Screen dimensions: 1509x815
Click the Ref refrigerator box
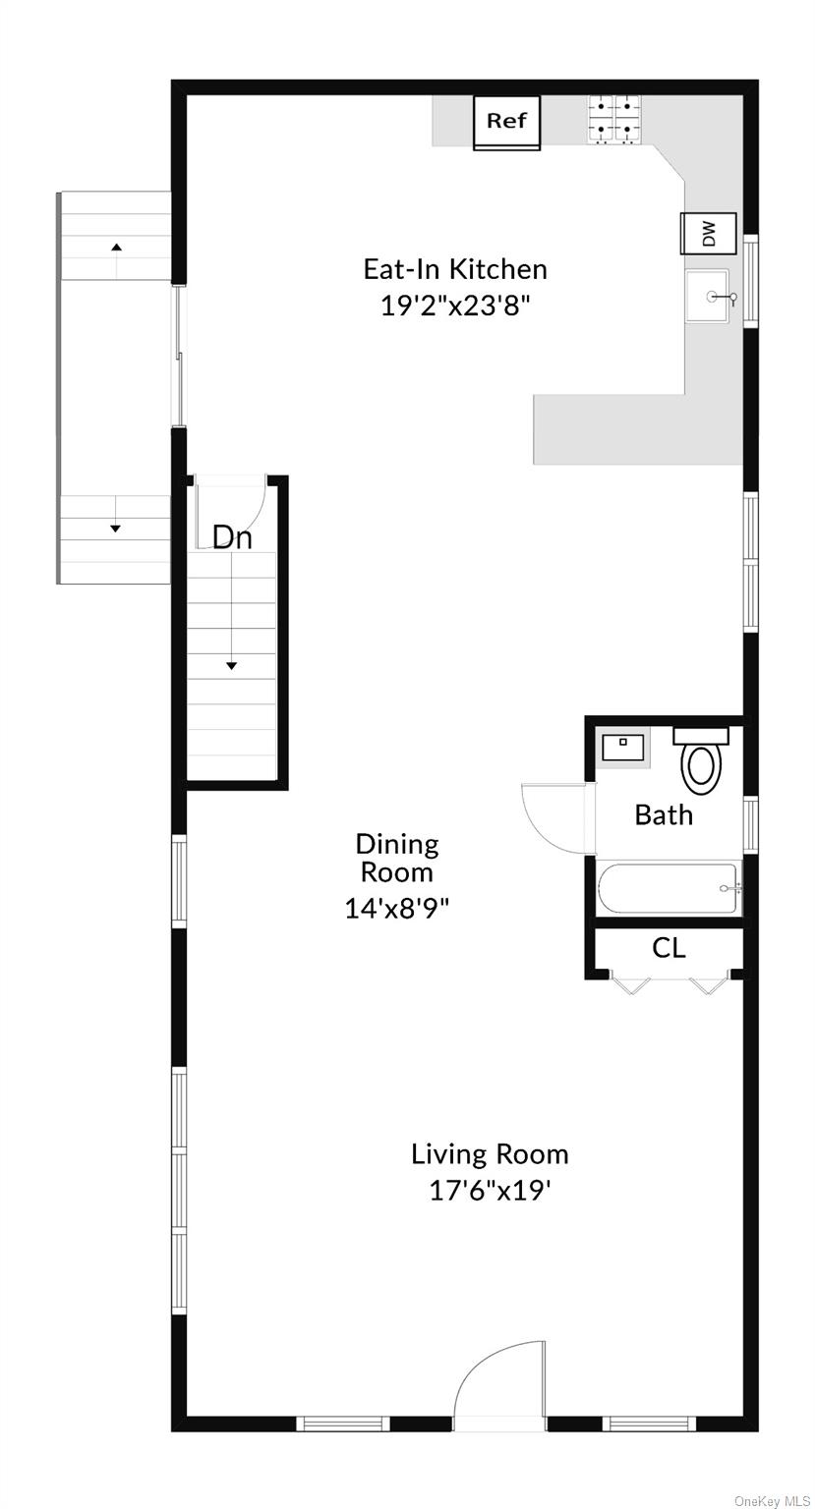click(x=507, y=122)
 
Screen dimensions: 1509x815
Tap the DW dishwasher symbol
click(x=709, y=234)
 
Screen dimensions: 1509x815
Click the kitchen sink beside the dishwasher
click(x=708, y=296)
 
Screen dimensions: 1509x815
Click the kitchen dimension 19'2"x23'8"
click(x=455, y=306)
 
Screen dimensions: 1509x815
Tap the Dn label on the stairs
click(x=233, y=537)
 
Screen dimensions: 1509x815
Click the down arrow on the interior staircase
click(x=232, y=665)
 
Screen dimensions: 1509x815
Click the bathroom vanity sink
click(x=621, y=748)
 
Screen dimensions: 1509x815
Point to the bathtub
click(x=669, y=889)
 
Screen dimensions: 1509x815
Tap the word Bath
click(x=664, y=814)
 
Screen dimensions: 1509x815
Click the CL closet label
click(x=669, y=948)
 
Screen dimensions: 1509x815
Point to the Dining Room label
click(x=396, y=858)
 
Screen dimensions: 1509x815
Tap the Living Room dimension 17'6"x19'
click(x=489, y=1191)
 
